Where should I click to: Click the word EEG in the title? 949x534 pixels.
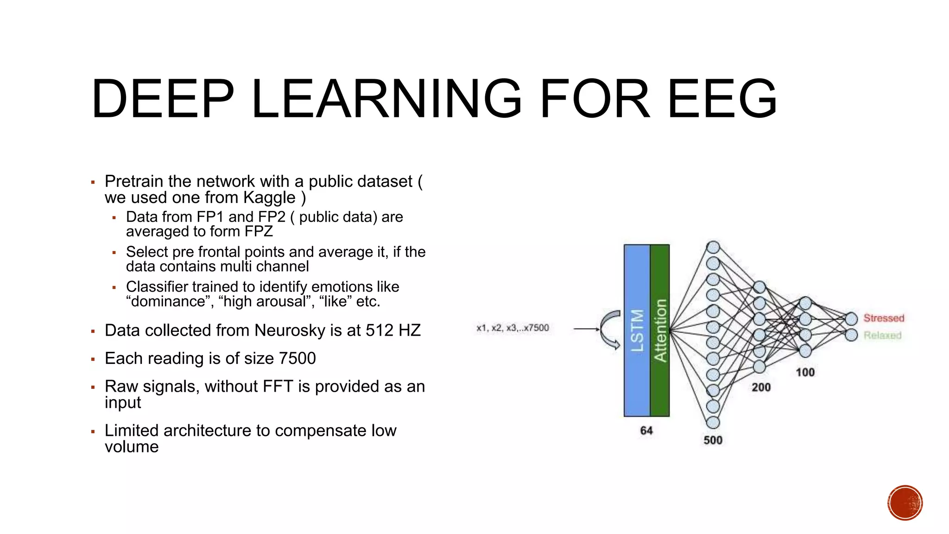[x=722, y=98]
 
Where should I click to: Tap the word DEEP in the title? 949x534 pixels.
[x=163, y=98]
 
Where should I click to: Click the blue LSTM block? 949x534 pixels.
[x=637, y=330]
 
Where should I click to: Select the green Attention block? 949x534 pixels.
[x=660, y=330]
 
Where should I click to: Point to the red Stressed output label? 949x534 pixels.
[x=884, y=318]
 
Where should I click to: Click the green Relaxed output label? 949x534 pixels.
[x=882, y=335]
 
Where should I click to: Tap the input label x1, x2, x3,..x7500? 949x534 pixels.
[x=512, y=328]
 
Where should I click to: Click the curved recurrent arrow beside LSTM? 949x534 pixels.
[x=610, y=329]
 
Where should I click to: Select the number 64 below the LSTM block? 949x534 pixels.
[x=646, y=431]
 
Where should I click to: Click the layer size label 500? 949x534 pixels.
[x=713, y=440]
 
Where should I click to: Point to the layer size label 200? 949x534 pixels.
[x=761, y=387]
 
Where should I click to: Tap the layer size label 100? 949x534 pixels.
[x=805, y=372]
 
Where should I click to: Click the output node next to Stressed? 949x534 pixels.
[x=851, y=318]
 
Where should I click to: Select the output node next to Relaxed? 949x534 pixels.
[x=851, y=335]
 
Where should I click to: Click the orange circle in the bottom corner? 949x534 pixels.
[x=905, y=503]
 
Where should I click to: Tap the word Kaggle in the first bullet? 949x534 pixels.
[x=269, y=198]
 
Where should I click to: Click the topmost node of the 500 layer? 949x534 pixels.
[x=713, y=247]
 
